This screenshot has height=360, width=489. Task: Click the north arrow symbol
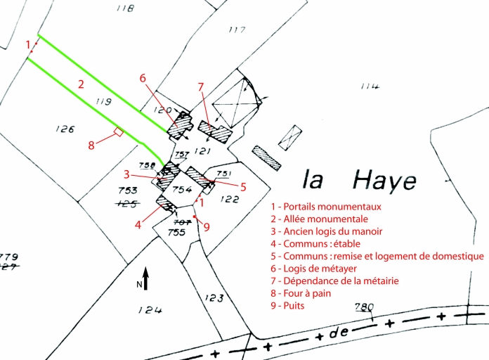pos(145,278)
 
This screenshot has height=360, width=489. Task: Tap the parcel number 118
pos(125,8)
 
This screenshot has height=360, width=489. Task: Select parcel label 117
pos(237,30)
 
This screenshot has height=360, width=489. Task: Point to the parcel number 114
pos(370,86)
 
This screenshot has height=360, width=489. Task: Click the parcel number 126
pos(65,129)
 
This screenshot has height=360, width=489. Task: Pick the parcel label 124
pos(150,310)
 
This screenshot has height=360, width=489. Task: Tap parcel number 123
pos(214,298)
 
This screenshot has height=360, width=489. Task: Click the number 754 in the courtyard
pos(183,190)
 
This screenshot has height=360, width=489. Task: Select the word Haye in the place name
pos(384,181)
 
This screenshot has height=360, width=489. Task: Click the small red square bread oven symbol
pos(119,131)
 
